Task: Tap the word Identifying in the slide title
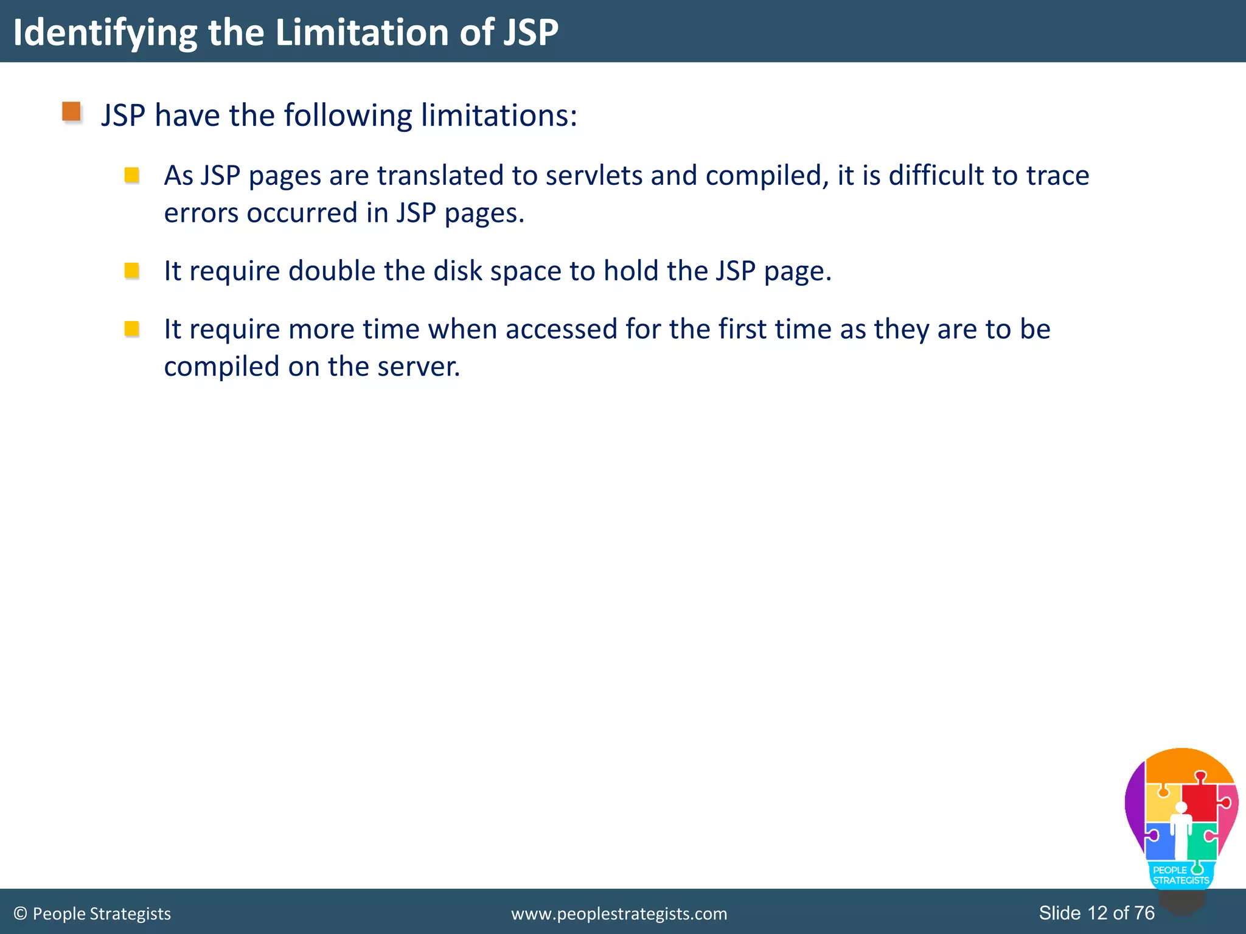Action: [105, 33]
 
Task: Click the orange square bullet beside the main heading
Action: [72, 112]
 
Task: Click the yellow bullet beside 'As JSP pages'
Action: [131, 175]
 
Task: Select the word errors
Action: [200, 213]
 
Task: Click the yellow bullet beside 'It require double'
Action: [131, 270]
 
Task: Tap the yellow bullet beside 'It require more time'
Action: [131, 328]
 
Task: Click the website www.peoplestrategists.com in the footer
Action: [619, 913]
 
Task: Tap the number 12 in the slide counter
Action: [1097, 913]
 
